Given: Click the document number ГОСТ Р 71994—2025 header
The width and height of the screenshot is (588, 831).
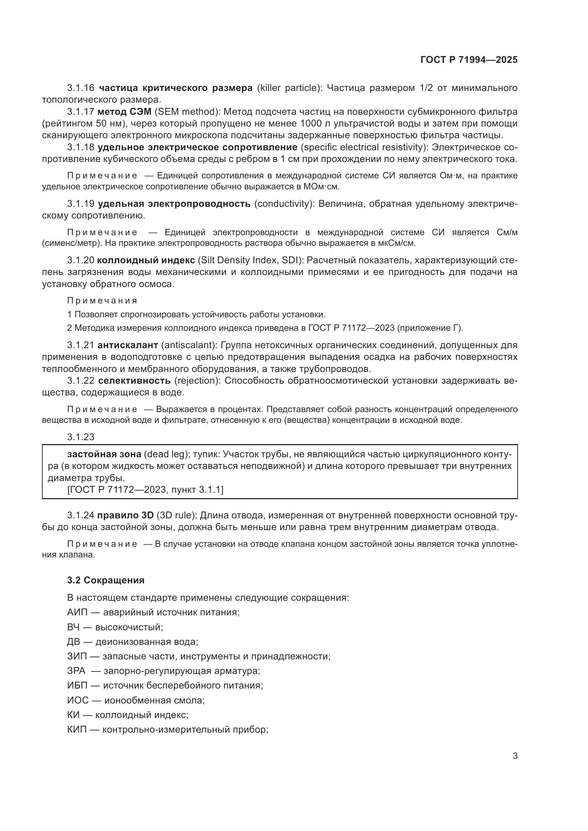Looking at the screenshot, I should pos(469,60).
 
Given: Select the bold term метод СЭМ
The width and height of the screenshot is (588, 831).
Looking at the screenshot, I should pos(124,112).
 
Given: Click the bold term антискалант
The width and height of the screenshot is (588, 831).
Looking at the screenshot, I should pos(128,345).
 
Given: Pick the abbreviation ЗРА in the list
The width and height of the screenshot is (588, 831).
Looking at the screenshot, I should pos(76,671).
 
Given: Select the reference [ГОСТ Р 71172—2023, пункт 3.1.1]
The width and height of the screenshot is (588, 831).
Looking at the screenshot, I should pos(145,490).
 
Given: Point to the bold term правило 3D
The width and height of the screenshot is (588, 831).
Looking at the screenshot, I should pos(125,515).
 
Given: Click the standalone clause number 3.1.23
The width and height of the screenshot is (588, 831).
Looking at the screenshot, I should pos(80,437).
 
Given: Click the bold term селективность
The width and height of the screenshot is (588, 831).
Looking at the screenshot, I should pos(134,381).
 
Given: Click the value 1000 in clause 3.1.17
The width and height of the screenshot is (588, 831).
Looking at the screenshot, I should pos(311,123).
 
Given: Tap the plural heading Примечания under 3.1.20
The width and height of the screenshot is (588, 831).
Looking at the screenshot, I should pos(102,301).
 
